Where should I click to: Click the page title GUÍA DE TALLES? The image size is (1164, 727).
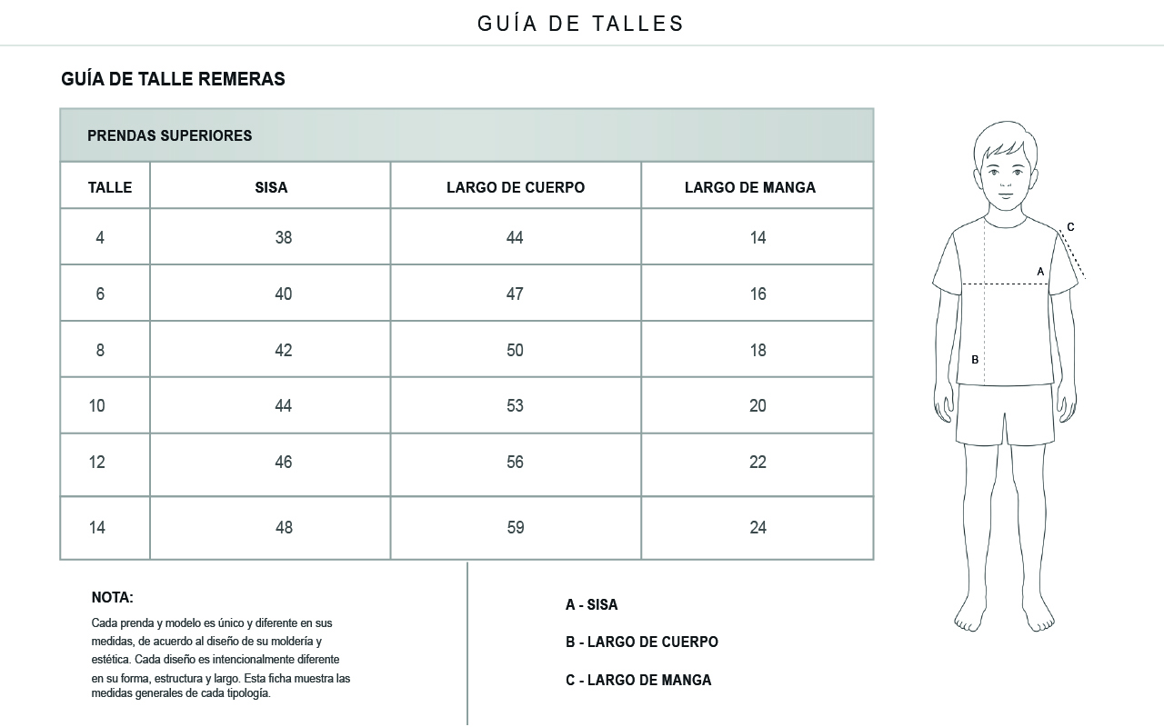click(581, 24)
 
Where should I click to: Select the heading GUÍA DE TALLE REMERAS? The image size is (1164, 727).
click(173, 79)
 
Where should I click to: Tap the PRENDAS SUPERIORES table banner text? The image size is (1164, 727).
click(169, 135)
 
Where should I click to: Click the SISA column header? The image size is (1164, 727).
click(271, 187)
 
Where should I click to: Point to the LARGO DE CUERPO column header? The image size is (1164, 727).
click(516, 187)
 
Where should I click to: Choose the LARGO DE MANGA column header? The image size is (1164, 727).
click(750, 187)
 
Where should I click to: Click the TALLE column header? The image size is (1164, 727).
click(110, 187)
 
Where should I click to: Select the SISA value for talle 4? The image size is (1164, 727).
click(284, 237)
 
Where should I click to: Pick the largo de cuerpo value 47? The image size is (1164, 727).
click(515, 294)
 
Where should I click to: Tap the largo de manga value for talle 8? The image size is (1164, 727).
click(758, 350)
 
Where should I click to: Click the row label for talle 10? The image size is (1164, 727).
click(97, 405)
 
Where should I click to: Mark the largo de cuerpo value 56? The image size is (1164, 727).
click(515, 462)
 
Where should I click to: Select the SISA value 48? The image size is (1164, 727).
click(284, 527)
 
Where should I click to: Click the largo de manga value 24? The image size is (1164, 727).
click(758, 527)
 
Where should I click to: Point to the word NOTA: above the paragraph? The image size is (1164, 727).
click(113, 597)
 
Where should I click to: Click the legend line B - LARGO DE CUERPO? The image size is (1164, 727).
click(641, 642)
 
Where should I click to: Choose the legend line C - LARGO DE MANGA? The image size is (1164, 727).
click(638, 680)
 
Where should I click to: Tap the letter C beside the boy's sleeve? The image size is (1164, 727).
click(1070, 227)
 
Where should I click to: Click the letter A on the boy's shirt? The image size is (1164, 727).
click(1040, 271)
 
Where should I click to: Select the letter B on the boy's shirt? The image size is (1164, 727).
click(975, 359)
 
